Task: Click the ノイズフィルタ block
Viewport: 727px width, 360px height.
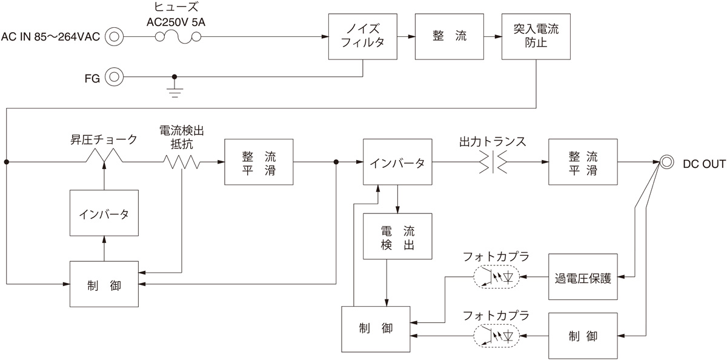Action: click(x=362, y=36)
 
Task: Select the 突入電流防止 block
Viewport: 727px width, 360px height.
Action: click(x=536, y=36)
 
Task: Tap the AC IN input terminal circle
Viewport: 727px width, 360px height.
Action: click(x=113, y=37)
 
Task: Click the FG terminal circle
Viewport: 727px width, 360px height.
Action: click(x=113, y=77)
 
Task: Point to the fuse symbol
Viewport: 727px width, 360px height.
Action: click(x=179, y=37)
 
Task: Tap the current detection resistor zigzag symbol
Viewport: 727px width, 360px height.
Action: click(x=180, y=162)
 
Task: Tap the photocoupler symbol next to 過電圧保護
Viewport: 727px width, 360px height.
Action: click(x=496, y=277)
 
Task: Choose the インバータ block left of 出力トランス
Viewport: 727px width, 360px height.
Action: click(x=397, y=162)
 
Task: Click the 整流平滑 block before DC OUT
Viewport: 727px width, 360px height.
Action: click(x=583, y=162)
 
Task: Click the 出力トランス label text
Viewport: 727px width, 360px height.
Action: click(x=492, y=142)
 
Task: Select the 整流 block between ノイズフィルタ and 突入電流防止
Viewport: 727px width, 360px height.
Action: click(x=450, y=36)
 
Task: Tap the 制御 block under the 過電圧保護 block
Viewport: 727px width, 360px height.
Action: click(x=583, y=335)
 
